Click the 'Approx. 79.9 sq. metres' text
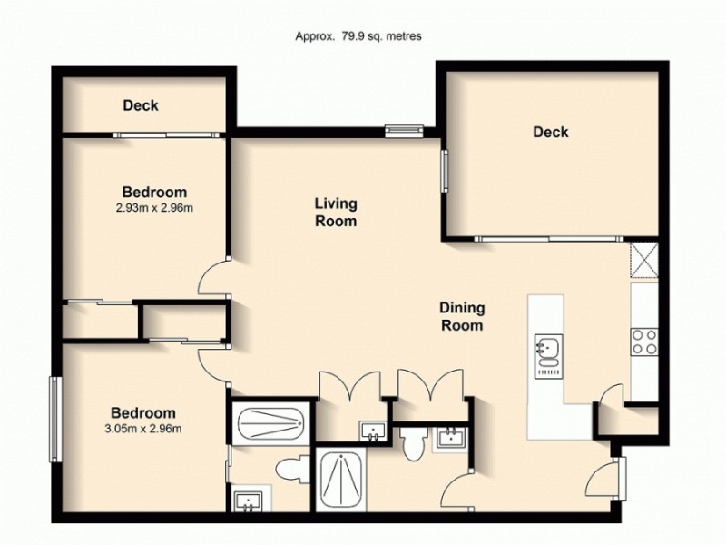click(x=358, y=36)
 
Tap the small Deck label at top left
click(x=141, y=105)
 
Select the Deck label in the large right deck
click(x=550, y=132)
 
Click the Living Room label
click(x=335, y=212)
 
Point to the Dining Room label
click(x=462, y=316)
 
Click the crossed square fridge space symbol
click(x=644, y=259)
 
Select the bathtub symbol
click(x=270, y=423)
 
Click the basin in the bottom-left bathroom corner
click(x=246, y=500)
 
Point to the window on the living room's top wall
click(x=404, y=130)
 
